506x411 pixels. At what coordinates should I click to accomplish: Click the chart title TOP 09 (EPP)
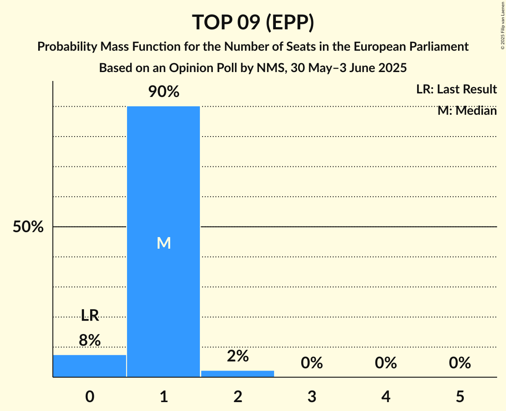pos(253,22)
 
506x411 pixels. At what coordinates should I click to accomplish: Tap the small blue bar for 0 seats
pos(90,366)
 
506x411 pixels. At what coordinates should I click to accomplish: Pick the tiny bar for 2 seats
pos(238,374)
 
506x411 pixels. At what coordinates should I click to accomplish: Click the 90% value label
pos(163,92)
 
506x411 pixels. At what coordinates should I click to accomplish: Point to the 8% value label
pos(90,340)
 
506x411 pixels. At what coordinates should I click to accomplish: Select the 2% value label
pos(238,356)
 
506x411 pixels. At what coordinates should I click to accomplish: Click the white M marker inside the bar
pos(163,243)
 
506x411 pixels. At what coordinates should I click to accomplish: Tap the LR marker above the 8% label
pos(90,316)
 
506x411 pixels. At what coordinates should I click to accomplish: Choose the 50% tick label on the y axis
pos(28,227)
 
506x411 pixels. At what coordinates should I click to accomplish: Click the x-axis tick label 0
pos(90,396)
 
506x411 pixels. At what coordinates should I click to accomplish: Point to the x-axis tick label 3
pos(312,396)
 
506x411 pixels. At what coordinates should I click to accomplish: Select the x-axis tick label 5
pos(460,396)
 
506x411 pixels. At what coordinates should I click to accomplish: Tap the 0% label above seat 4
pos(386,363)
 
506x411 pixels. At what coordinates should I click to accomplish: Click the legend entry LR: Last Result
pos(456,89)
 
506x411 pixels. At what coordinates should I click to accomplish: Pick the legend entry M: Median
pos(467,111)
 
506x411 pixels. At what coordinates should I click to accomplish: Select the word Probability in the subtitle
pos(68,47)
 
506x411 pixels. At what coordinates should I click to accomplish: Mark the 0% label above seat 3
pos(312,363)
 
